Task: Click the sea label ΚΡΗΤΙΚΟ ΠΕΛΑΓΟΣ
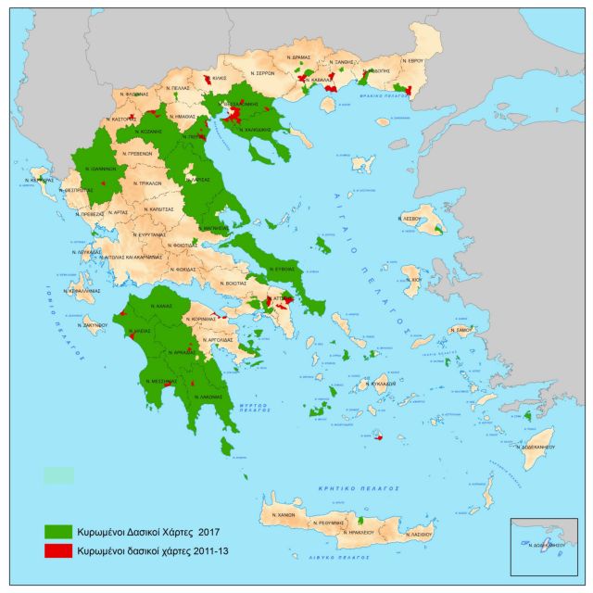pyautogui.click(x=371, y=487)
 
